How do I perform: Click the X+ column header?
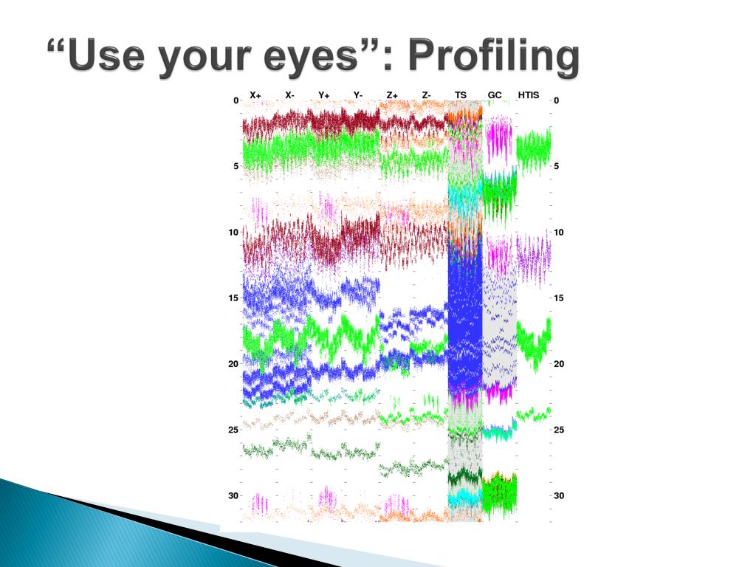click(x=255, y=95)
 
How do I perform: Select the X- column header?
click(x=289, y=95)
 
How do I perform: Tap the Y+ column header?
click(x=323, y=95)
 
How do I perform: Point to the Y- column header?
click(x=358, y=95)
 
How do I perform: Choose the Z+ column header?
click(x=392, y=95)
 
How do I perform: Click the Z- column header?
click(x=426, y=95)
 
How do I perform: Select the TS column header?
click(x=461, y=95)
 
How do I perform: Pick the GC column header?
click(x=495, y=95)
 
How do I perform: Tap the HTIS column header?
click(x=529, y=95)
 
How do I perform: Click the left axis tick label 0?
click(x=236, y=100)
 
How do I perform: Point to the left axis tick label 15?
click(x=233, y=298)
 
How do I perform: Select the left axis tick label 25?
click(x=233, y=430)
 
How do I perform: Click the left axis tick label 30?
click(x=233, y=495)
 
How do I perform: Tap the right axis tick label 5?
click(x=557, y=166)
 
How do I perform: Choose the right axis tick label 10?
click(x=559, y=233)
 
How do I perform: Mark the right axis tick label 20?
click(x=559, y=364)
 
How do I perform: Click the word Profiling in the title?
click(x=494, y=57)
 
